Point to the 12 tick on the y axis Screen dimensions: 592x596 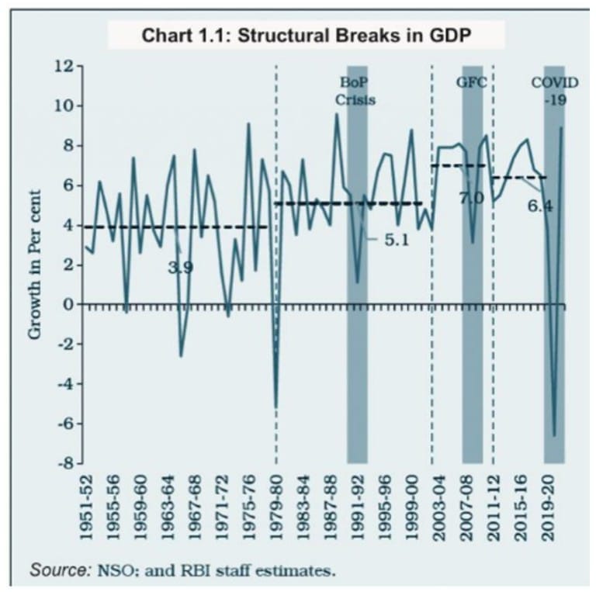click(64, 67)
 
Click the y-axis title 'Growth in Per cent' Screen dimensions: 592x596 click(35, 265)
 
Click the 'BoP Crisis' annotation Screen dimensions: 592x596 click(355, 91)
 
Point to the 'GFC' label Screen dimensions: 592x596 click(471, 81)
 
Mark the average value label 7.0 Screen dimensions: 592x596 click(470, 199)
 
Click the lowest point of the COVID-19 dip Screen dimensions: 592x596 click(554, 435)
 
